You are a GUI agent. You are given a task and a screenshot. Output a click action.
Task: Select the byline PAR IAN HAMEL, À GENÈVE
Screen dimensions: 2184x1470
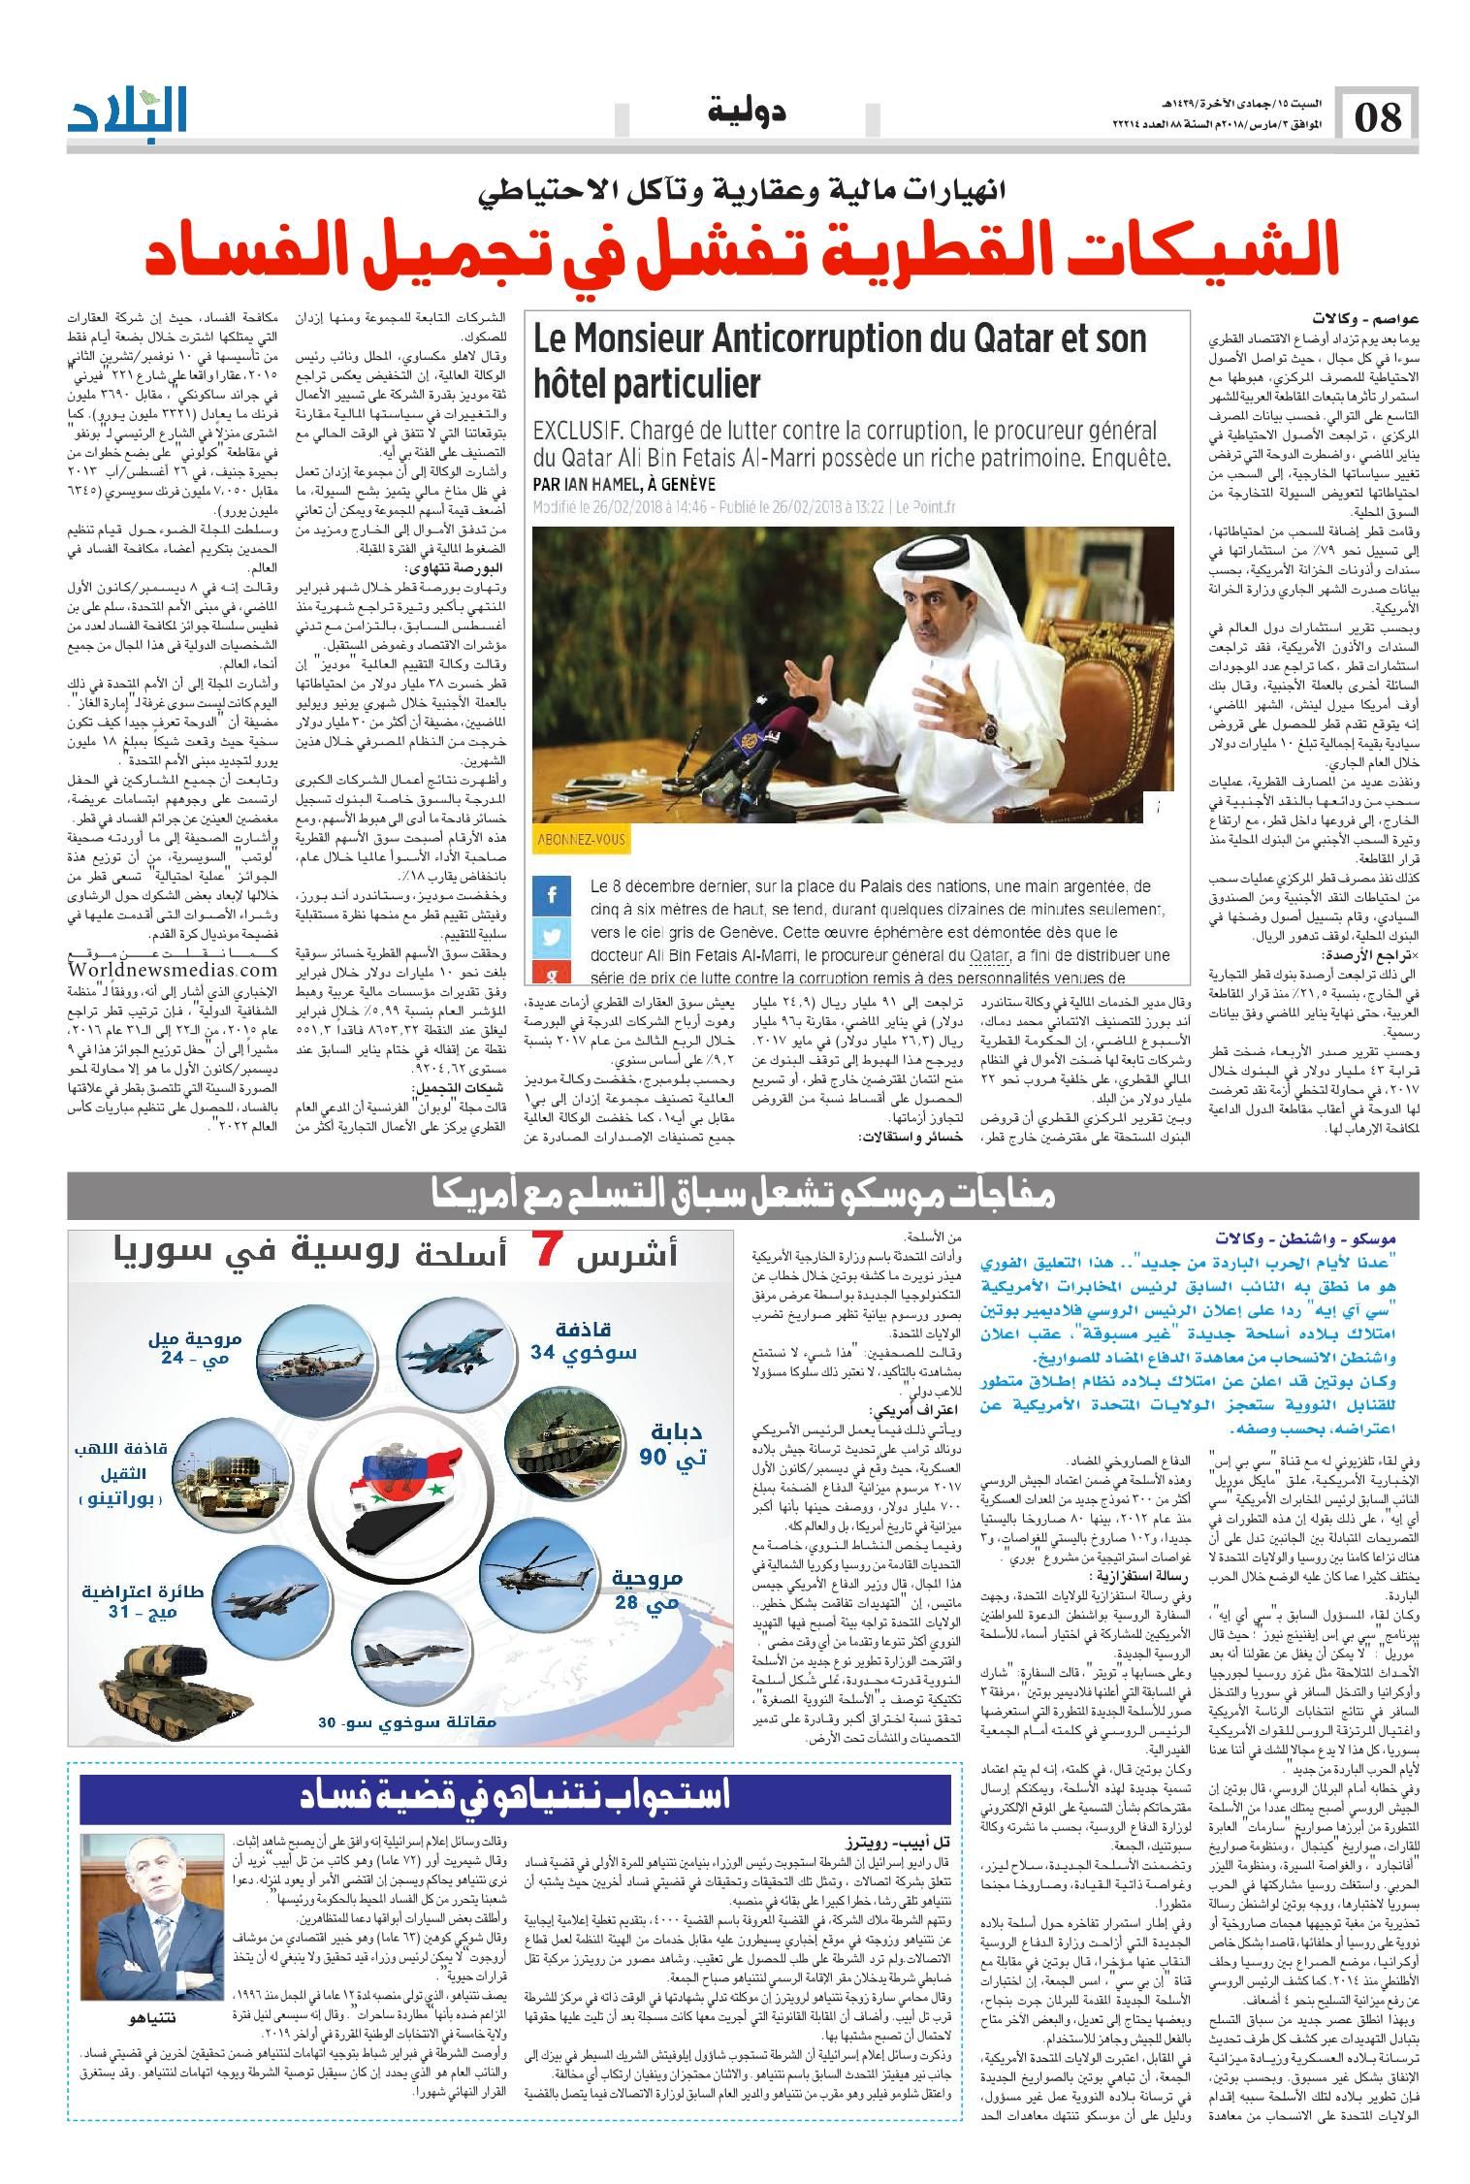point(623,484)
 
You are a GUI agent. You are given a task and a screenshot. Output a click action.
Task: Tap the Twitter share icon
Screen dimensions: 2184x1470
point(552,937)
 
